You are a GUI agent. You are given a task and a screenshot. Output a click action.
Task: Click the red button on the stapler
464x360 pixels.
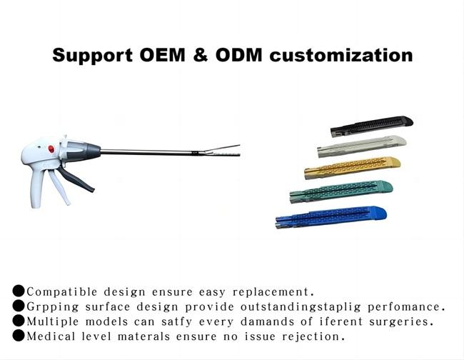(51, 149)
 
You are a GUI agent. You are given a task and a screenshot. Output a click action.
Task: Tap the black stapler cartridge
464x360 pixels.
(372, 126)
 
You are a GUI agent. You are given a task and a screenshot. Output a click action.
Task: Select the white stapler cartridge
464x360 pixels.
(362, 146)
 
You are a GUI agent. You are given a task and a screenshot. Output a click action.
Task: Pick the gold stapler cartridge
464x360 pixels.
(352, 168)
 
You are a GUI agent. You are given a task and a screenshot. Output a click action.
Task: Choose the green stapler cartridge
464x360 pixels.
(341, 191)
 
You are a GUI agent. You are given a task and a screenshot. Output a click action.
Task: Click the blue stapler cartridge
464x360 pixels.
(331, 217)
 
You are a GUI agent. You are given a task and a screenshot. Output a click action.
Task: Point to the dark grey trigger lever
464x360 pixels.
(76, 179)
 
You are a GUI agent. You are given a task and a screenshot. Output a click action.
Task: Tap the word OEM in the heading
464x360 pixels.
(162, 55)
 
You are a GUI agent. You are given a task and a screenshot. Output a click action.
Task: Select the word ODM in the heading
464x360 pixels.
(239, 55)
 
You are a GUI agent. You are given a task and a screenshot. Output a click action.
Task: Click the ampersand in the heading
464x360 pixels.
(201, 55)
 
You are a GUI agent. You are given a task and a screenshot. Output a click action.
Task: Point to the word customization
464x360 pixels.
(341, 55)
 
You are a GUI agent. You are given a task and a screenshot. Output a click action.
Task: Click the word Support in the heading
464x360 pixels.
(92, 56)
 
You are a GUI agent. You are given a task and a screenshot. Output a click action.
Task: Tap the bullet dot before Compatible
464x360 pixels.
(19, 291)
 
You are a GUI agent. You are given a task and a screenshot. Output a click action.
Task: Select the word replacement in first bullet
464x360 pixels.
(273, 292)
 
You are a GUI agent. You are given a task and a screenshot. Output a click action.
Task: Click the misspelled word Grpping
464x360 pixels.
(53, 307)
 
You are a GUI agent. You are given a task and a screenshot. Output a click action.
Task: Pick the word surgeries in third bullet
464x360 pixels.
(402, 322)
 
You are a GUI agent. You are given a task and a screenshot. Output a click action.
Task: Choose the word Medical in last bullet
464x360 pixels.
(51, 336)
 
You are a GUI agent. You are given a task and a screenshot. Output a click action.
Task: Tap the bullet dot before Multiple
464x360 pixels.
(19, 321)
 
